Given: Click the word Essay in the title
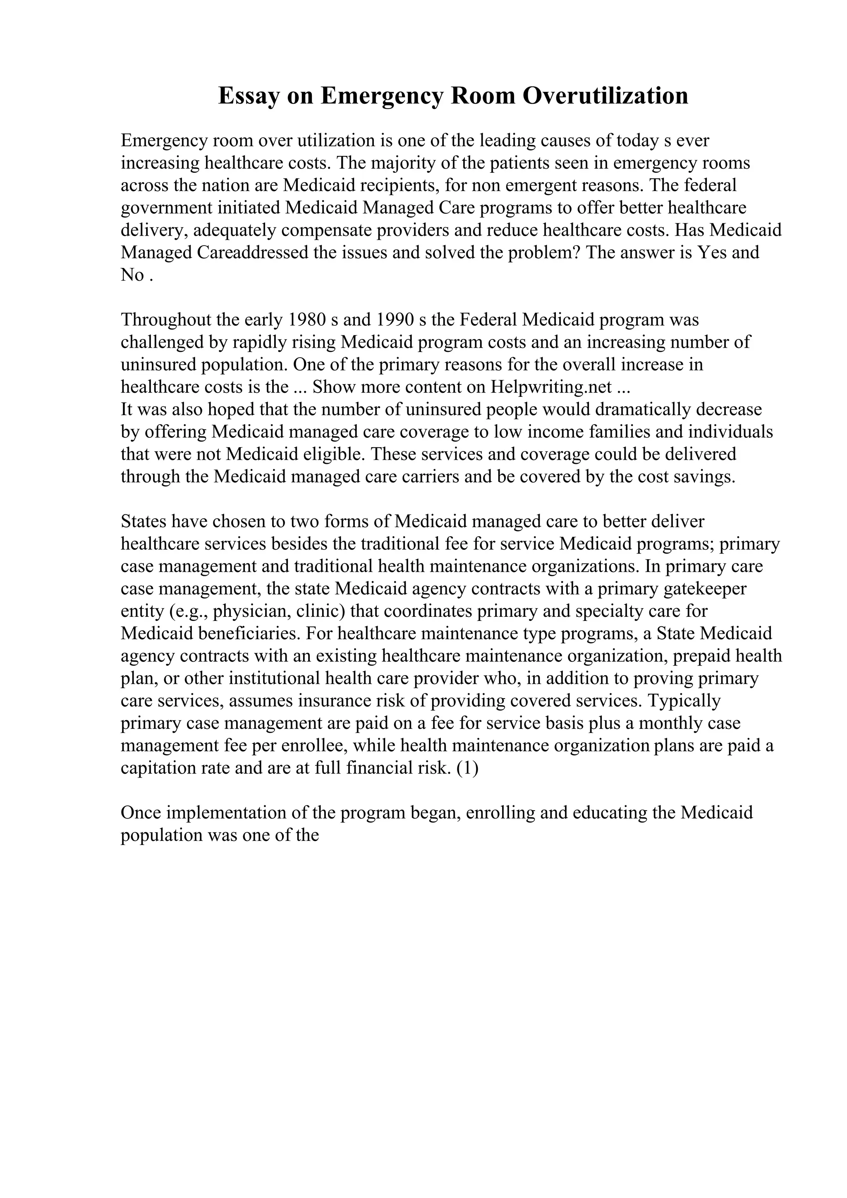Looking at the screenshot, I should point(248,96).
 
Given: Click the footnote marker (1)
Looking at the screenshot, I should point(467,768).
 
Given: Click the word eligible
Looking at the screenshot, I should point(334,454).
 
